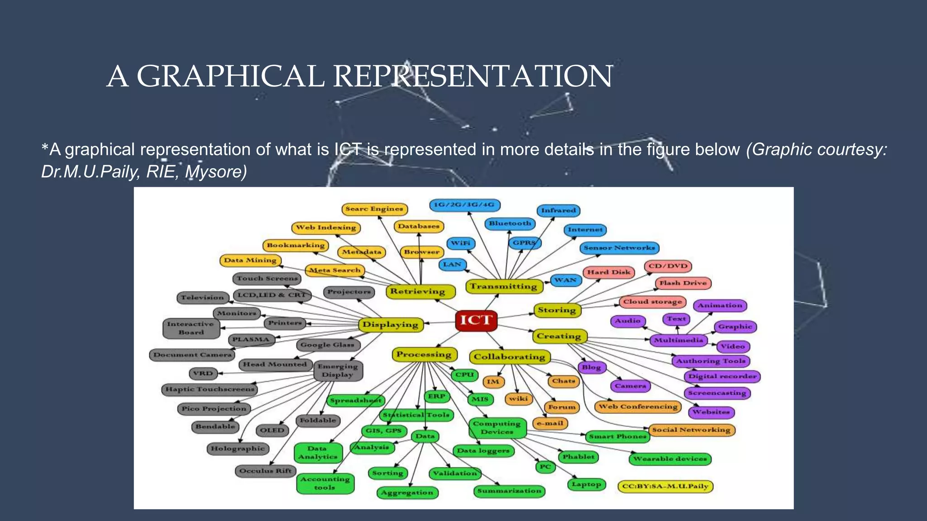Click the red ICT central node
tap(476, 320)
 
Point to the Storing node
tap(557, 310)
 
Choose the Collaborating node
tap(510, 357)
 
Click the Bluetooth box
tap(510, 223)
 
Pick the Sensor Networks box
tap(619, 248)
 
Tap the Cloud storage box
tap(652, 302)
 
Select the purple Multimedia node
tap(678, 340)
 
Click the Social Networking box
tap(691, 430)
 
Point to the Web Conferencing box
tap(638, 407)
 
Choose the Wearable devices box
tap(670, 459)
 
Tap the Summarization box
tap(509, 491)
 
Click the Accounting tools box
tap(325, 483)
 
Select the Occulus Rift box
tap(265, 471)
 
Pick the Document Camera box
tap(192, 355)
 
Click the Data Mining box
tap(250, 260)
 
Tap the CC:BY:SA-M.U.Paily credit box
tap(665, 487)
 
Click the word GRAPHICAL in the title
tap(230, 76)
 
